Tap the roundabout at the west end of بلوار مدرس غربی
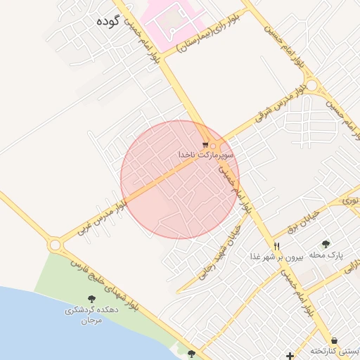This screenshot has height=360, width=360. pos(55,245)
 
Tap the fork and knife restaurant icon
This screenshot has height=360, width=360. pos(276,246)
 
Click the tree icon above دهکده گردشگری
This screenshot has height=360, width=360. pos(90,300)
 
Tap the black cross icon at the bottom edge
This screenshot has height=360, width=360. pos(290,355)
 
